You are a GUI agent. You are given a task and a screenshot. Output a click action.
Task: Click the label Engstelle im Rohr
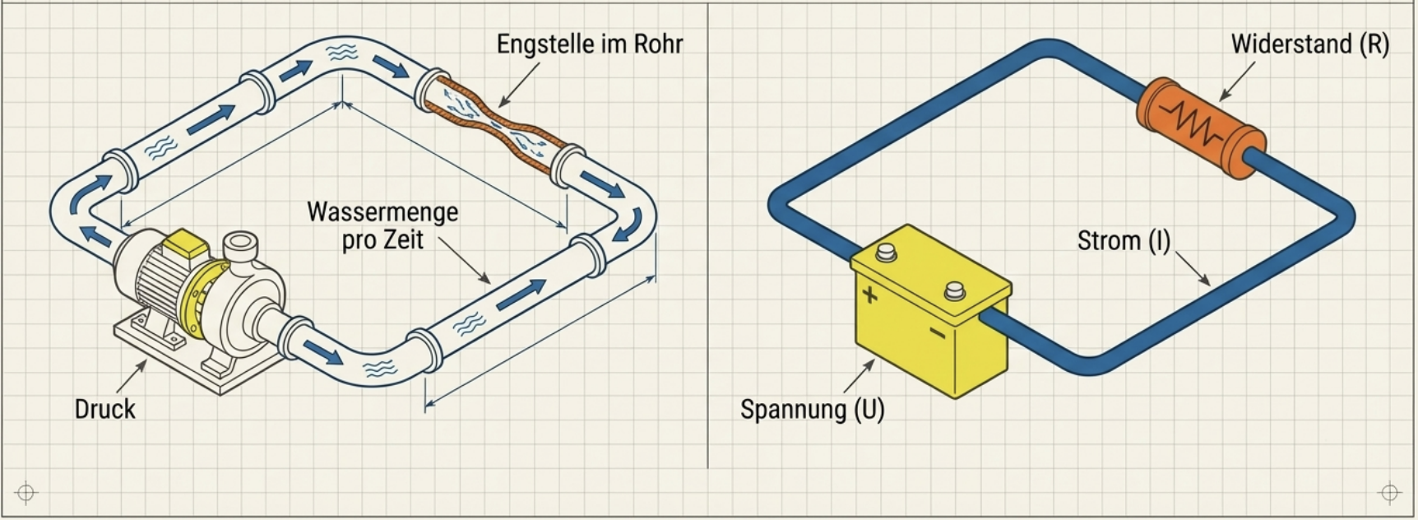[589, 44]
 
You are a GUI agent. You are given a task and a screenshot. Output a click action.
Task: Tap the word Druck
[104, 409]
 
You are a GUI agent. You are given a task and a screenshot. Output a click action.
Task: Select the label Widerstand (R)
[1309, 44]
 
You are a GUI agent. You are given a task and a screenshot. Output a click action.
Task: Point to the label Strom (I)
[1124, 241]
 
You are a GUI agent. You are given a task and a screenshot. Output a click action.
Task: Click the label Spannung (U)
[812, 409]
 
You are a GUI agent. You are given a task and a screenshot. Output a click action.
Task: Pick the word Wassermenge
[382, 212]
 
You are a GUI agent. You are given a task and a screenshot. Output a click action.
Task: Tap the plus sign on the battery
[869, 294]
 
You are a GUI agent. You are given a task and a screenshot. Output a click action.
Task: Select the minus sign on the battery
[937, 332]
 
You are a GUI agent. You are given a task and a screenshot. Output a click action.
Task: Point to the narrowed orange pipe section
[494, 123]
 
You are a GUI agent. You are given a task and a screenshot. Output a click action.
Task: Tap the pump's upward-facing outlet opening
[240, 244]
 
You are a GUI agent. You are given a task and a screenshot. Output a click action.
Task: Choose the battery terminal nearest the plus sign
[885, 252]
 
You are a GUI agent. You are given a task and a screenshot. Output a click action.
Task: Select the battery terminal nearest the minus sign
[954, 290]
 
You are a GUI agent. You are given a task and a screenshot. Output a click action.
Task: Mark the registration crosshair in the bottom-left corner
[25, 492]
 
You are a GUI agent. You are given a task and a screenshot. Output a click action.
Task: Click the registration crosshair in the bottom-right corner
[1389, 492]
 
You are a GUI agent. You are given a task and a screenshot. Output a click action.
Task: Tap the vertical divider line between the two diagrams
[708, 247]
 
